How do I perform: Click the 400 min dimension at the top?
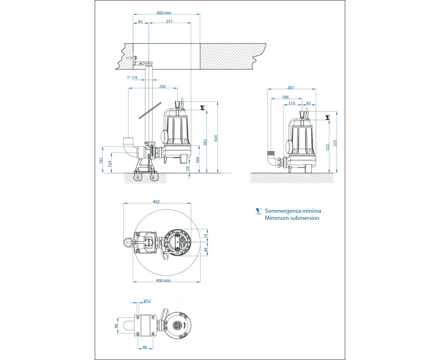pyautogui.click(x=164, y=13)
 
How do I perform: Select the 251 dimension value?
pyautogui.click(x=169, y=21)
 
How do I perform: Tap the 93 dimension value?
pyautogui.click(x=140, y=21)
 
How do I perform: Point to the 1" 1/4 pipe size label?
pyautogui.click(x=132, y=77)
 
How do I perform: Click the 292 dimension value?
pyautogui.click(x=162, y=86)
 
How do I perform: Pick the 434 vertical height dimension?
pyautogui.click(x=216, y=138)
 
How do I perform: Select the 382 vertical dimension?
pyautogui.click(x=205, y=142)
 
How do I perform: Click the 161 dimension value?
pyautogui.click(x=101, y=160)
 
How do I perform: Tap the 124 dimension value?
pyautogui.click(x=110, y=163)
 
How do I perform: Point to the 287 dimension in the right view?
pyautogui.click(x=291, y=88)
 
